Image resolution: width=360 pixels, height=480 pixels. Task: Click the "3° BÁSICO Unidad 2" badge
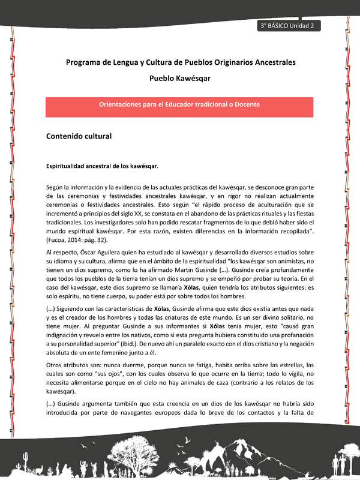pyautogui.click(x=289, y=26)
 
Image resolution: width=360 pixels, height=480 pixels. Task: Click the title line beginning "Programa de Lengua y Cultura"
pyautogui.click(x=179, y=62)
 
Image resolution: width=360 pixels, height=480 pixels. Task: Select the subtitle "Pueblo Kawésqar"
pyautogui.click(x=179, y=78)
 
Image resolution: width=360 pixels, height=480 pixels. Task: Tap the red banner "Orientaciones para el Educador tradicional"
pyautogui.click(x=179, y=104)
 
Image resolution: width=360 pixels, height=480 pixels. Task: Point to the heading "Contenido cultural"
pyautogui.click(x=79, y=136)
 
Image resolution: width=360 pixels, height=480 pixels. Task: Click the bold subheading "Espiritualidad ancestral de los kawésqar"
pyautogui.click(x=102, y=165)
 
